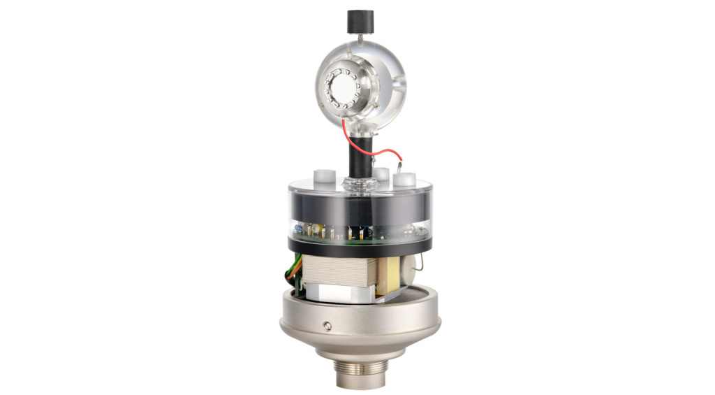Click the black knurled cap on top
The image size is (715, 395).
coord(357,21)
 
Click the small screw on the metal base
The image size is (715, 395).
coord(327,325)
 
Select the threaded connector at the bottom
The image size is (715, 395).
coord(360,374)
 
